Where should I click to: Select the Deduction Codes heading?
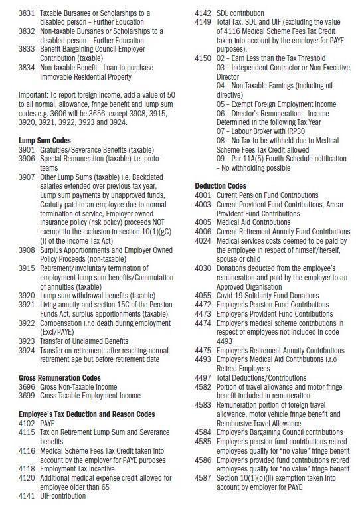tap(221, 186)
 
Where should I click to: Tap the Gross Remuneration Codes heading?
tap(62, 377)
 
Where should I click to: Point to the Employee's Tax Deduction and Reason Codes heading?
tap(87, 414)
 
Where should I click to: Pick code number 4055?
tap(203, 296)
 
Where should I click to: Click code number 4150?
tap(203, 59)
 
